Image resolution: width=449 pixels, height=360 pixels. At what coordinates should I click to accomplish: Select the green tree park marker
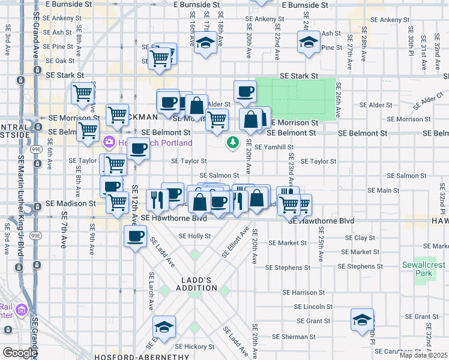point(233,142)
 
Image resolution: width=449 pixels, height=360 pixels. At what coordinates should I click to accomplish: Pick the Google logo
point(19,352)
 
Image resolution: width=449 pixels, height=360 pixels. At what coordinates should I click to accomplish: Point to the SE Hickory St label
point(191,346)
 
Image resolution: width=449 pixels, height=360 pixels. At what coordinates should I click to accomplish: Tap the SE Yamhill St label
point(274,147)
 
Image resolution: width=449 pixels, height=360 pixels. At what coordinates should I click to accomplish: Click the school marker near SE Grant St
point(363,320)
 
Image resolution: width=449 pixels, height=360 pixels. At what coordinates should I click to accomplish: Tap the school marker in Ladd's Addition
point(164,326)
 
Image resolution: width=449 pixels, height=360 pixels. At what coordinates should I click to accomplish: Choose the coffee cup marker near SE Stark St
point(244,91)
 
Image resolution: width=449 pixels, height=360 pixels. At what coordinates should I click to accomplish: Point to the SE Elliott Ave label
point(235,242)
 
